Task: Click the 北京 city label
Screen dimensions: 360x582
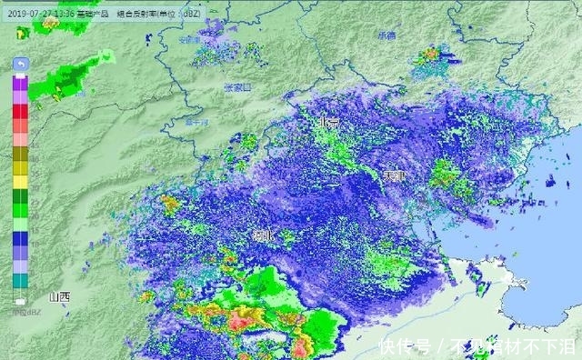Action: point(327,122)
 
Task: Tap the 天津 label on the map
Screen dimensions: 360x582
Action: point(393,175)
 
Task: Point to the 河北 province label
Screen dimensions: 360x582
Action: point(264,235)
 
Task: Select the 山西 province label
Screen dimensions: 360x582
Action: point(60,296)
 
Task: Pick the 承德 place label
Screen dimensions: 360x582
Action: point(386,35)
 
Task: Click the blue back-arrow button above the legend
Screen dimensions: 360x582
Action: point(20,64)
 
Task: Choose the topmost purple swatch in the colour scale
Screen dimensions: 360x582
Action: point(20,81)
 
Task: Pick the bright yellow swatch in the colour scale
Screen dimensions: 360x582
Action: point(20,182)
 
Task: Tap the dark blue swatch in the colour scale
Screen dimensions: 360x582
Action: point(20,238)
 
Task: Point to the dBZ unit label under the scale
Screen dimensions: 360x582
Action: point(20,313)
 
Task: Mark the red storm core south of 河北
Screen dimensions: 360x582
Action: point(244,320)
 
